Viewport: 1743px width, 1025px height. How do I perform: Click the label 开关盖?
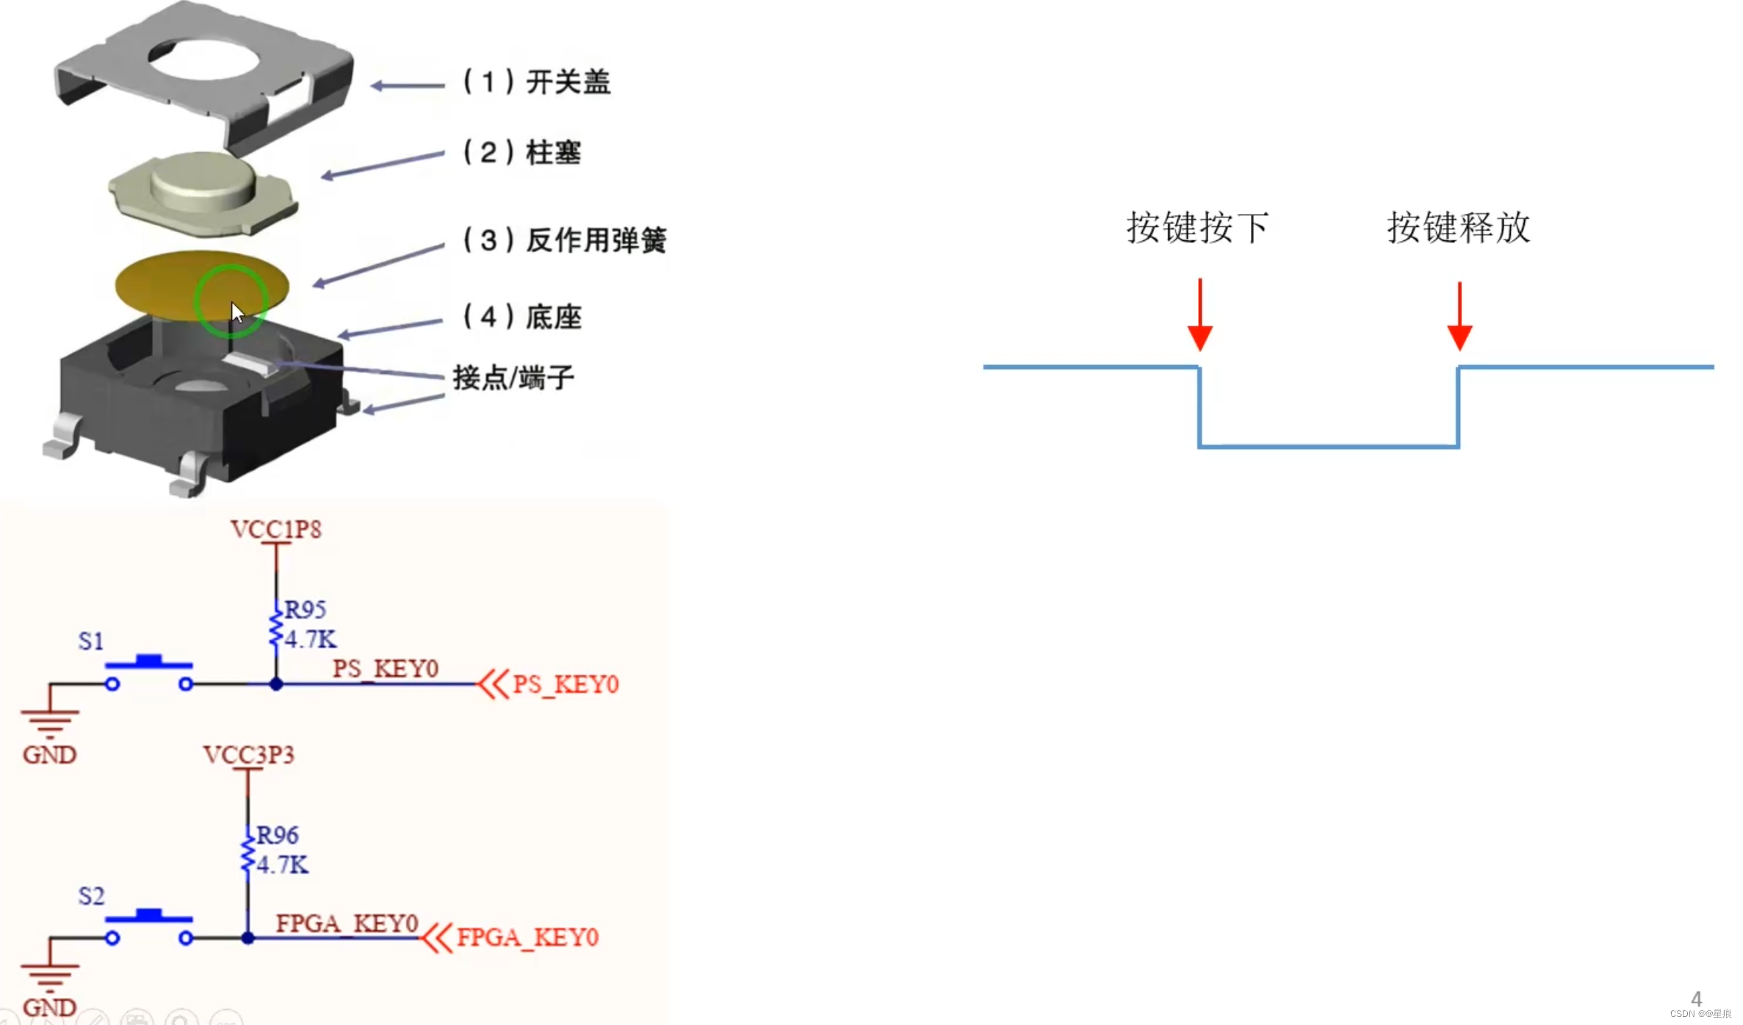click(x=568, y=82)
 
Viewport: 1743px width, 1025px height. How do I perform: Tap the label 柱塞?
click(x=553, y=153)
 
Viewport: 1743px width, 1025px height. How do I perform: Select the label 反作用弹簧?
click(x=596, y=240)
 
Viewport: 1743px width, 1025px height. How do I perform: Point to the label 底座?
click(x=553, y=317)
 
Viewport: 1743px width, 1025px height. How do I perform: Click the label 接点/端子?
click(x=513, y=378)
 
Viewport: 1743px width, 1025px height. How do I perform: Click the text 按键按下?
click(x=1197, y=228)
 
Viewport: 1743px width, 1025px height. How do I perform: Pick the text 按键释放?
click(x=1458, y=228)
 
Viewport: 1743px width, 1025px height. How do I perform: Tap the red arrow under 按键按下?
click(x=1199, y=316)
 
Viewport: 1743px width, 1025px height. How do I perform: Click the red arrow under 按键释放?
click(x=1459, y=317)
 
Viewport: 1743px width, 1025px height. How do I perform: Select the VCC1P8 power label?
click(x=276, y=530)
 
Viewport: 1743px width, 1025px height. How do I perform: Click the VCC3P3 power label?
click(x=249, y=755)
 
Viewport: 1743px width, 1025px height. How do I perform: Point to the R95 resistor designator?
click(x=305, y=610)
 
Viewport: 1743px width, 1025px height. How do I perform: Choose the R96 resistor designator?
click(x=277, y=835)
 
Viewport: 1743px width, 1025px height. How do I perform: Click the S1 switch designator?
click(x=91, y=641)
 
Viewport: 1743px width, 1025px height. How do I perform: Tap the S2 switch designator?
click(x=91, y=896)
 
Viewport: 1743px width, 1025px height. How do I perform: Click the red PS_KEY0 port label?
click(x=566, y=685)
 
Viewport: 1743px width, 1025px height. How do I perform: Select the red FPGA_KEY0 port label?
click(x=527, y=938)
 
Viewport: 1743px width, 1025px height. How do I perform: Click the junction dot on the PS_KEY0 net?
click(x=276, y=684)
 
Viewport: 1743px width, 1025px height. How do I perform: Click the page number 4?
click(x=1696, y=999)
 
